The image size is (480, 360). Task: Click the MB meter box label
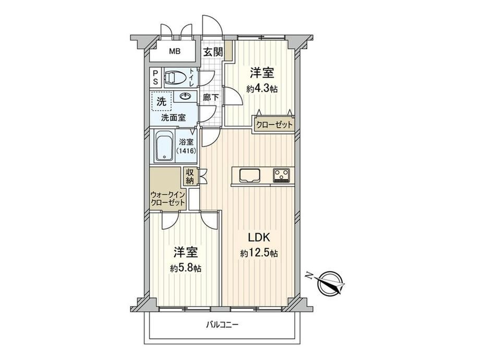(x=175, y=52)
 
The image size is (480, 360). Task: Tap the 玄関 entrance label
(x=213, y=52)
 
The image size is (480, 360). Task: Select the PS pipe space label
(x=155, y=77)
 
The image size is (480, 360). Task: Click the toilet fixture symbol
(x=175, y=78)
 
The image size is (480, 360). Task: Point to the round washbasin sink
(x=185, y=97)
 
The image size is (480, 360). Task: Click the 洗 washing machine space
(x=161, y=101)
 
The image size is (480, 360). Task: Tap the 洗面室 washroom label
(x=173, y=117)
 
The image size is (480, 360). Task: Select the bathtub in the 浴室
(x=164, y=146)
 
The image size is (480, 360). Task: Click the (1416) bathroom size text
(x=186, y=151)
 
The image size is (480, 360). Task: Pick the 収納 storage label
(x=190, y=176)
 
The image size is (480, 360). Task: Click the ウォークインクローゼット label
(x=168, y=198)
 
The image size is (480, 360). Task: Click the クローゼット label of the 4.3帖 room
(x=274, y=125)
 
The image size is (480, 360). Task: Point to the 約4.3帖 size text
(x=262, y=89)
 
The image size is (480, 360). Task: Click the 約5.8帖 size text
(x=186, y=269)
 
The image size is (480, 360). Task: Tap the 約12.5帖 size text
(x=259, y=253)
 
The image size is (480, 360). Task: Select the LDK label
(x=259, y=237)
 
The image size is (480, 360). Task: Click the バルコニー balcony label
(x=222, y=325)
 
